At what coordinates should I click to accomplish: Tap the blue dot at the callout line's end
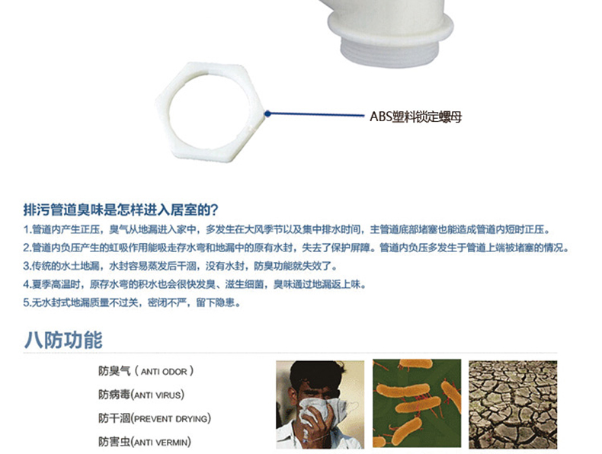click(x=267, y=113)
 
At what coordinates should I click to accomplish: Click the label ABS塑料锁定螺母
click(x=415, y=117)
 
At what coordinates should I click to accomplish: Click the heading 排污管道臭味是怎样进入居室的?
click(x=120, y=210)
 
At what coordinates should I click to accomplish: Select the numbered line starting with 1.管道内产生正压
click(x=287, y=229)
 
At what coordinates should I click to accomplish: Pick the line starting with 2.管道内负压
click(x=296, y=248)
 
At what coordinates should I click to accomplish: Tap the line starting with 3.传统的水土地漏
click(x=181, y=266)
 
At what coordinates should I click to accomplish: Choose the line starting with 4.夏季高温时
click(x=194, y=284)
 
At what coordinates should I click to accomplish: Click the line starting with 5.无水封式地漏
click(x=132, y=303)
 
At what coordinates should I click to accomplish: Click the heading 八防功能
click(x=63, y=340)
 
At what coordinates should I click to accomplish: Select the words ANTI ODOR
click(x=164, y=372)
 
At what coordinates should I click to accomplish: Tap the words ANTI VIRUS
click(x=158, y=395)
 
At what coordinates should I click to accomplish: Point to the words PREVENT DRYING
click(x=171, y=419)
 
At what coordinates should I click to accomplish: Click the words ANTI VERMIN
click(x=161, y=443)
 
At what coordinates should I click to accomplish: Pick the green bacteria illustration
click(x=417, y=403)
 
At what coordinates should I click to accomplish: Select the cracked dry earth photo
click(x=513, y=404)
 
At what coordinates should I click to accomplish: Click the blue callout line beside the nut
click(x=316, y=114)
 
